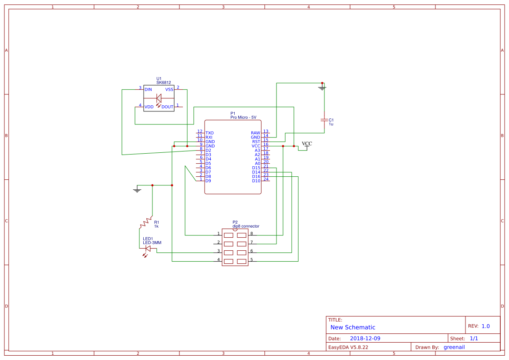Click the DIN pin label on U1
148,89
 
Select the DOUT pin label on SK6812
167,107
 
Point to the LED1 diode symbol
148,249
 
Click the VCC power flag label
307,144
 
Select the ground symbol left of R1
137,190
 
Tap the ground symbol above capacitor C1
322,88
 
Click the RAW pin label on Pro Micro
256,133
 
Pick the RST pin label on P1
256,141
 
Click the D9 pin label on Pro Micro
208,181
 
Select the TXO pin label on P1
209,133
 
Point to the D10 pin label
256,181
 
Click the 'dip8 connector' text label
246,226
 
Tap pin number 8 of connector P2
251,234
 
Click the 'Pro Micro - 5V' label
243,117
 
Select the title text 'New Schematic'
353,327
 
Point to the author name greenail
454,347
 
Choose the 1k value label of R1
156,226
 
